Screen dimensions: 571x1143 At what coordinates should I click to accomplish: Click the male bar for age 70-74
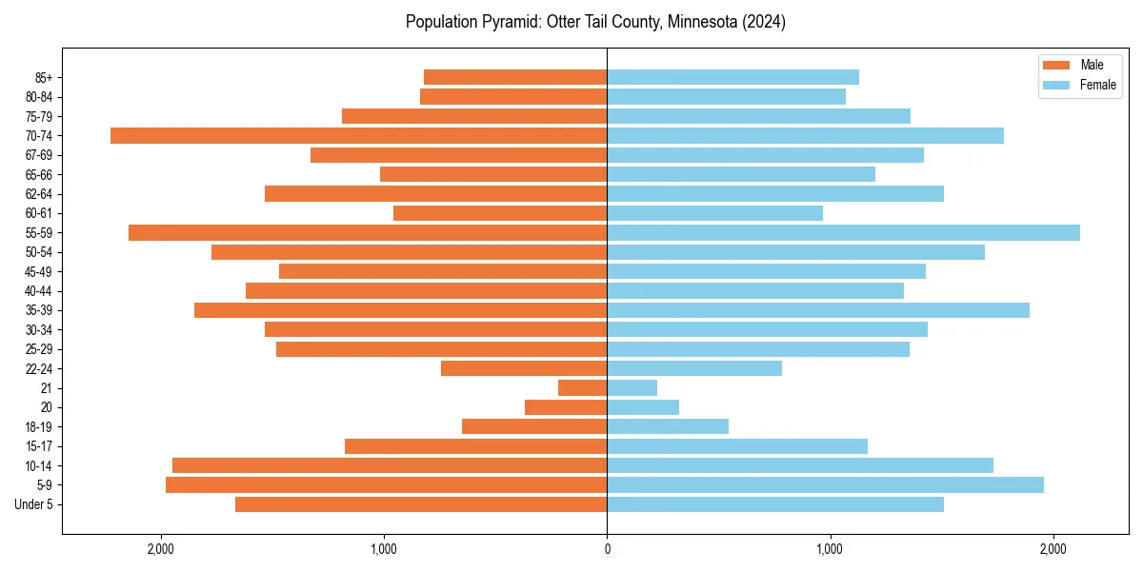tap(358, 135)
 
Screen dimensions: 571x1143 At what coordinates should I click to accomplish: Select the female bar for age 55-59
tap(843, 232)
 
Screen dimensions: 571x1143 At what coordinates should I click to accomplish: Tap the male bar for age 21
tap(582, 387)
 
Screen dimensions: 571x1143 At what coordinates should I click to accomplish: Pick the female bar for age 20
tap(643, 407)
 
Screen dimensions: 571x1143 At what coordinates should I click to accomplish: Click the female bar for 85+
tap(732, 77)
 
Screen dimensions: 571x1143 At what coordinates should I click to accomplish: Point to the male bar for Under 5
tap(421, 504)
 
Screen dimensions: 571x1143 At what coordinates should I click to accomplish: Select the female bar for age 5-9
tap(825, 484)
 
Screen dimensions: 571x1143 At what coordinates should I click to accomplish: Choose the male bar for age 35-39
tap(400, 310)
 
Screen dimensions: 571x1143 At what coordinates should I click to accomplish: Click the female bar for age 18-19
tap(668, 426)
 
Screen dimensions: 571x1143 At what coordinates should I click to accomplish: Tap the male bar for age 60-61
tap(500, 213)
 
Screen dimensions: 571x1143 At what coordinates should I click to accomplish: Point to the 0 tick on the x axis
tap(607, 549)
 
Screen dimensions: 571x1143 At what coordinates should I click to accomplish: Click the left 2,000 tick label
tap(161, 549)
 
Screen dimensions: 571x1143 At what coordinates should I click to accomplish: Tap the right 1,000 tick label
tap(830, 549)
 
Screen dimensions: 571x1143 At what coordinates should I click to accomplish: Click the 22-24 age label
tap(39, 368)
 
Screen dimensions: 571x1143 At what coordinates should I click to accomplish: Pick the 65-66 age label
tap(39, 174)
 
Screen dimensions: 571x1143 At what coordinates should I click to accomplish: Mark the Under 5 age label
tap(34, 504)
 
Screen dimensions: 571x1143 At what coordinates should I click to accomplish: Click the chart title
tap(595, 22)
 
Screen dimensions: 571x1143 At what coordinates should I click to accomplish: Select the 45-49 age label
tap(39, 271)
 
